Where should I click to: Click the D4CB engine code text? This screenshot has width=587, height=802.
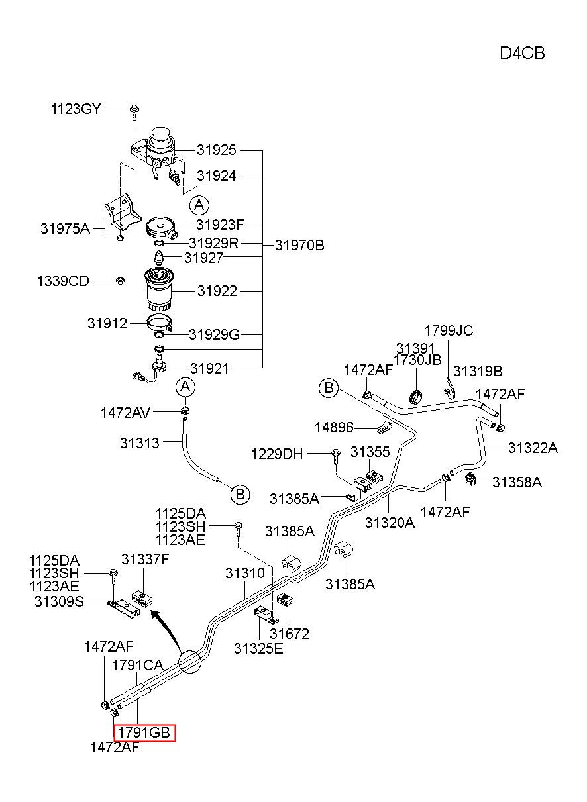[x=522, y=54]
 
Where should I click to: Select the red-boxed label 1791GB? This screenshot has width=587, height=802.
[x=144, y=732]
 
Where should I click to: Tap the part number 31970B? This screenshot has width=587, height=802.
[x=299, y=245]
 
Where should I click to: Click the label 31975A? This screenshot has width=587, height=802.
[x=65, y=228]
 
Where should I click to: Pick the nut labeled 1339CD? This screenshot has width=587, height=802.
[x=121, y=281]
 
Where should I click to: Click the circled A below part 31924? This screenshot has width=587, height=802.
[x=199, y=205]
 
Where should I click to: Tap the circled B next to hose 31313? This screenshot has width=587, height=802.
[x=240, y=495]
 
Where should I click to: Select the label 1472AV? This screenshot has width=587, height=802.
[x=125, y=413]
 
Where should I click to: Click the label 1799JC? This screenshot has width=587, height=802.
[x=449, y=331]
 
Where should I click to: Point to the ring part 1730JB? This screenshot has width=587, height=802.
[x=416, y=397]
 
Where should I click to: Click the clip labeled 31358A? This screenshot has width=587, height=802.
[x=470, y=479]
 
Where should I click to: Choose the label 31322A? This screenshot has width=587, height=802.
[x=533, y=448]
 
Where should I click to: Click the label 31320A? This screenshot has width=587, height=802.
[x=390, y=523]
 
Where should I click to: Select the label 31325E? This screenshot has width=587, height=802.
[x=258, y=648]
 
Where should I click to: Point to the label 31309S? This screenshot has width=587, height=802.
[x=59, y=601]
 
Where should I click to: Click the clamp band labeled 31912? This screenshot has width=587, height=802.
[x=160, y=323]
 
